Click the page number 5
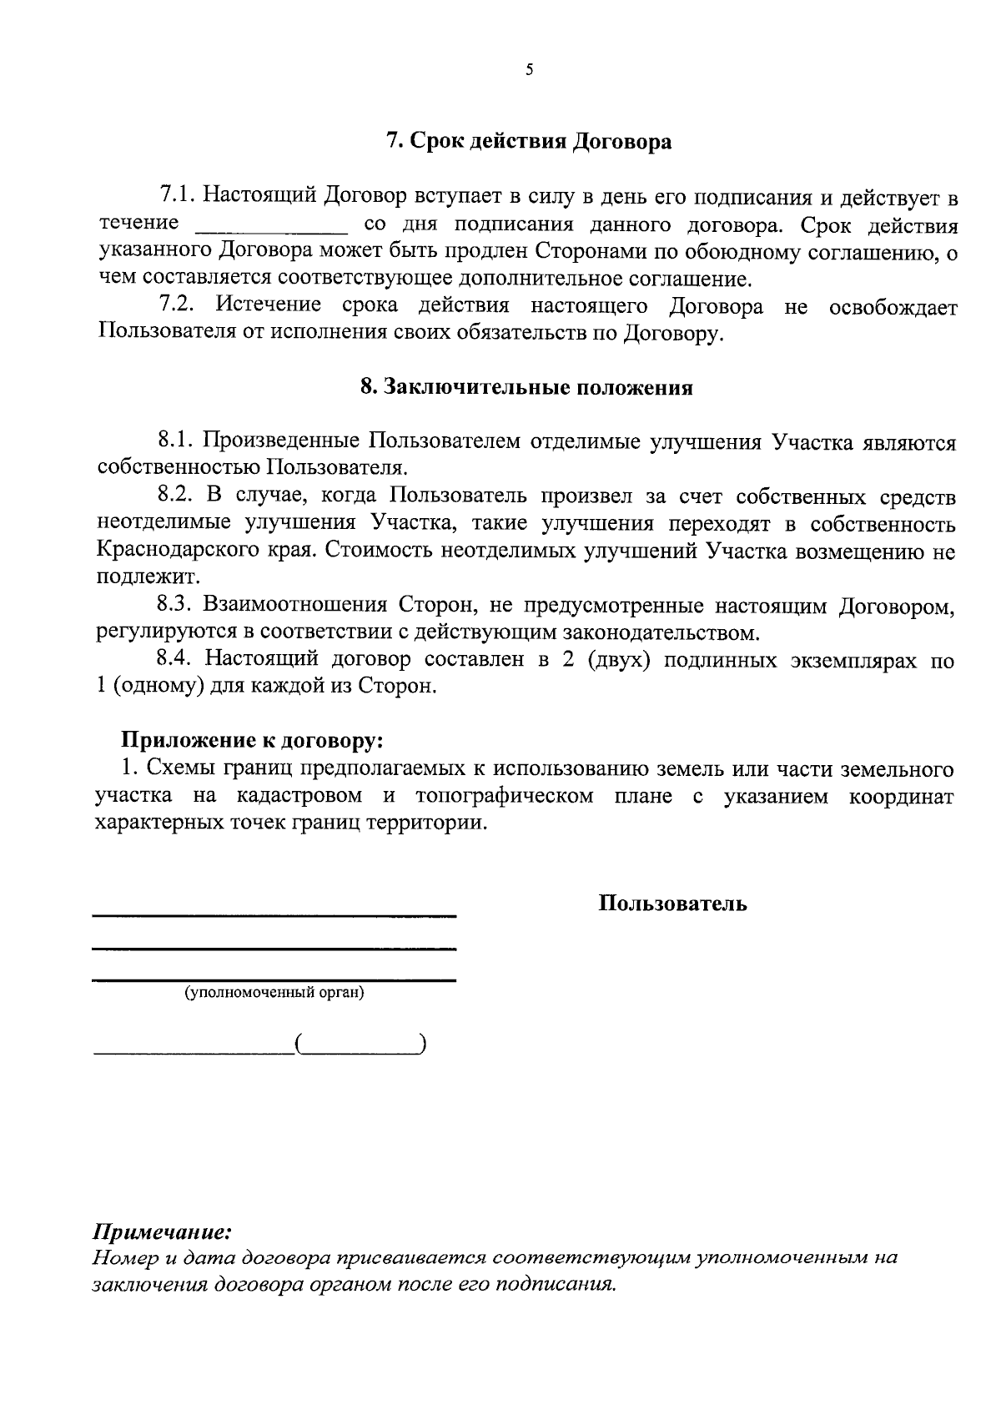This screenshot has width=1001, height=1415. pos(529,70)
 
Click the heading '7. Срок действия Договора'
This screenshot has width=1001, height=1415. pos(529,141)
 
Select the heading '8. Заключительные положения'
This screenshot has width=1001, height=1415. pos(526,388)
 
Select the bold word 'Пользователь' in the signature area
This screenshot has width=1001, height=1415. pos(672,904)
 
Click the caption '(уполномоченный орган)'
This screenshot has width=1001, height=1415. pos(274,993)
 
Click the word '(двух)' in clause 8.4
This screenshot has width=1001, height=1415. pos(618,660)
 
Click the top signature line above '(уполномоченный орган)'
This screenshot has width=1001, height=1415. pos(274,917)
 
